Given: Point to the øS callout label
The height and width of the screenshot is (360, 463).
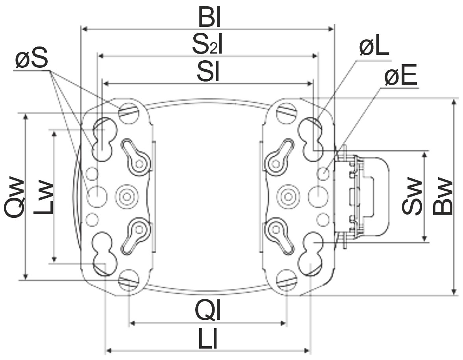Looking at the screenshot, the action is pos(31,59).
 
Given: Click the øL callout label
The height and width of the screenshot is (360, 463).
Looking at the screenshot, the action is pos(374,48).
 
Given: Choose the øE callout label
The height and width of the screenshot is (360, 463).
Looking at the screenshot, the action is pos(401,76).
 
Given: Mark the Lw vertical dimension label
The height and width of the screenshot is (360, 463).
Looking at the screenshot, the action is pos(43,197).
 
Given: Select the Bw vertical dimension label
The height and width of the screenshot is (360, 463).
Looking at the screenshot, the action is pos(443,196).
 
